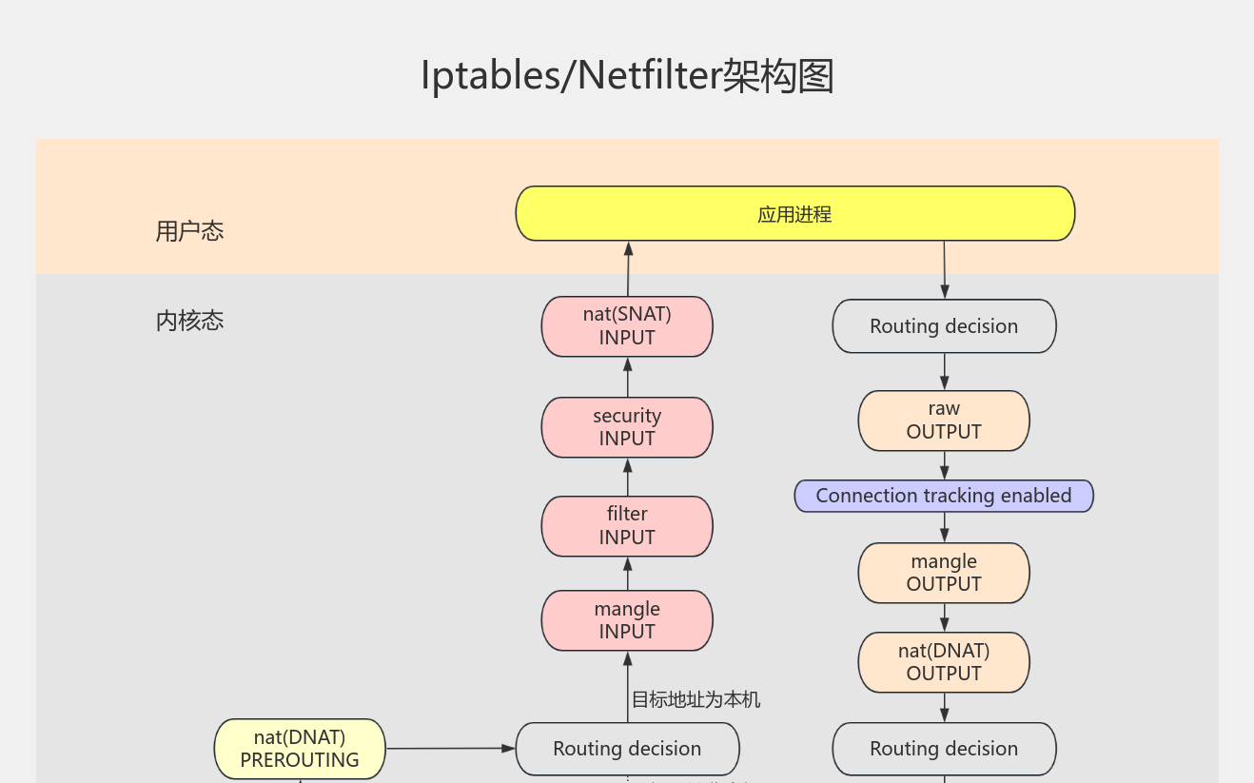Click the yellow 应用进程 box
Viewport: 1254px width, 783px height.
click(x=794, y=214)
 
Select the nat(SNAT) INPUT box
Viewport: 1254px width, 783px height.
click(x=627, y=326)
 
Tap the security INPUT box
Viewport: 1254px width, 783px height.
click(x=627, y=427)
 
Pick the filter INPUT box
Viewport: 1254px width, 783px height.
click(x=627, y=526)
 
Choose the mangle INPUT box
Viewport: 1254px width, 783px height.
click(x=627, y=620)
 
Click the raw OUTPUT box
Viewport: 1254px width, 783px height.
click(x=944, y=421)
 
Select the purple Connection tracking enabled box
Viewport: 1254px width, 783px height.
click(x=944, y=496)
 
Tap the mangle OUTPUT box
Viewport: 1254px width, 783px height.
click(x=944, y=573)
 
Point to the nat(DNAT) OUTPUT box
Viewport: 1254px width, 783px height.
click(x=944, y=662)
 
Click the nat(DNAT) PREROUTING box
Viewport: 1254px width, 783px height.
click(x=300, y=749)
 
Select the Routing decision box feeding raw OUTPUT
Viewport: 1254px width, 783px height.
click(x=944, y=326)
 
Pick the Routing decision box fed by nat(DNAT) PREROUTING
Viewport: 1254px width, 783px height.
click(x=627, y=749)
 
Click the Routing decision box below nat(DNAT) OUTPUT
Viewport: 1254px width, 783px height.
click(x=944, y=749)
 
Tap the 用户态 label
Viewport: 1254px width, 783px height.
click(x=189, y=231)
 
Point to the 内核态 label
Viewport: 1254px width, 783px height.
click(x=189, y=321)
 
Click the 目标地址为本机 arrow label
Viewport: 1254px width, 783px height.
click(x=696, y=700)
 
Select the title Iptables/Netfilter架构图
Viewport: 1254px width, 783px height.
click(x=627, y=76)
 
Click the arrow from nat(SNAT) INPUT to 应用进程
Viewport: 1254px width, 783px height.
click(x=628, y=269)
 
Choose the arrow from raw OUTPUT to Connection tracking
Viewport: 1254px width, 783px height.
click(x=944, y=465)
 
